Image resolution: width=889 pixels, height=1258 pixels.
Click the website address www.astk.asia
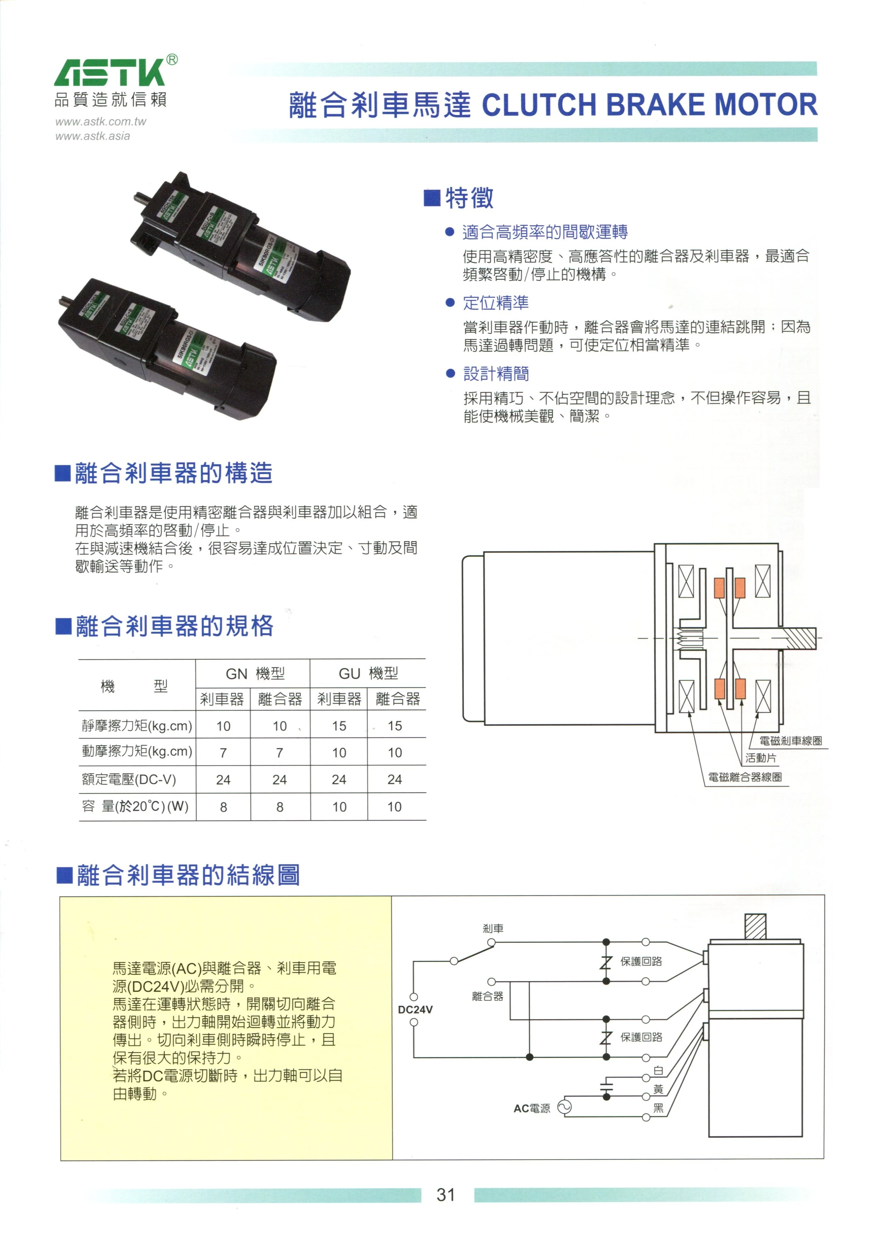[x=92, y=136]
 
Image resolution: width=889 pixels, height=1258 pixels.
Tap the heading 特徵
[x=469, y=198]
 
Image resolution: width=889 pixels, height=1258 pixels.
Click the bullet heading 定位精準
[x=496, y=303]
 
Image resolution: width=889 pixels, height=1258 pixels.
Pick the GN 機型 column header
[x=255, y=673]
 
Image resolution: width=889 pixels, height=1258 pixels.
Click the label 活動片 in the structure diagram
[x=761, y=758]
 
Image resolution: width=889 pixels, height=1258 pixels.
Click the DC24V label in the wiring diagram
[x=415, y=1009]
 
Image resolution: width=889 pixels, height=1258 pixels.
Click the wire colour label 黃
[x=658, y=1089]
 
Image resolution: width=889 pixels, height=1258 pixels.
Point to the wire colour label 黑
[x=658, y=1109]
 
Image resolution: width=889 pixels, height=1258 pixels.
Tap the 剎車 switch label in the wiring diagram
[x=493, y=929]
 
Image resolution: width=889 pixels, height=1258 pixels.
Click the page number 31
[x=446, y=1195]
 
